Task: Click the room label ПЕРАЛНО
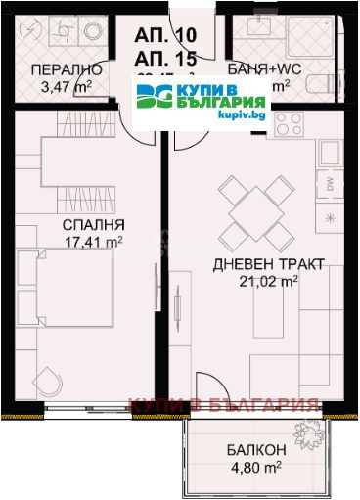pyautogui.click(x=64, y=69)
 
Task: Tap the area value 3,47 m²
pyautogui.click(x=64, y=86)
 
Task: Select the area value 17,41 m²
pyautogui.click(x=91, y=240)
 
